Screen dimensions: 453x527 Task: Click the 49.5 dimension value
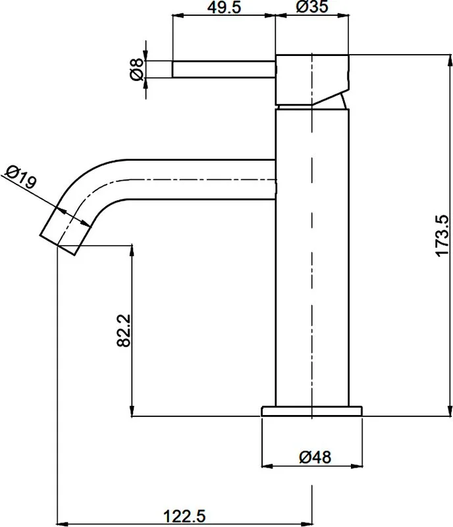pyautogui.click(x=224, y=7)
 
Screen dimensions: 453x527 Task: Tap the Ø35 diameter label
pyautogui.click(x=312, y=7)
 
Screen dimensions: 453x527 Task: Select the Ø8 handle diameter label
pyautogui.click(x=136, y=70)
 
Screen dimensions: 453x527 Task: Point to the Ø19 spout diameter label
pyautogui.click(x=21, y=177)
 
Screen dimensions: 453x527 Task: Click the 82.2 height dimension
pyautogui.click(x=124, y=331)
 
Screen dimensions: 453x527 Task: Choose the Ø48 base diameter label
pyautogui.click(x=315, y=457)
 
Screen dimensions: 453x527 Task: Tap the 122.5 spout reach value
pyautogui.click(x=184, y=516)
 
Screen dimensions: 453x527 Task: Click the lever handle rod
pyautogui.click(x=224, y=70)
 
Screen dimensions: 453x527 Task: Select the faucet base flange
pyautogui.click(x=312, y=411)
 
